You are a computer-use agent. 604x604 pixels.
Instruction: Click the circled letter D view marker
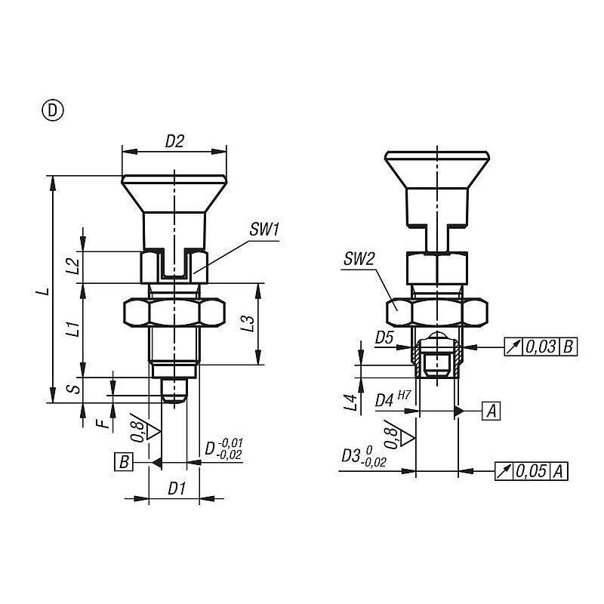(52, 110)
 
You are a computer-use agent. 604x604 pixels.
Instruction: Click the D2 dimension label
(174, 142)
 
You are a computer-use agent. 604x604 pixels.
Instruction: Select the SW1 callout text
(263, 230)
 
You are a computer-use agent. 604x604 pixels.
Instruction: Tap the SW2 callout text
(359, 259)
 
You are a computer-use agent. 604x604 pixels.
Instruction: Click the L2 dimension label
(72, 267)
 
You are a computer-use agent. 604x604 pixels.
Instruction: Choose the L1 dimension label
(72, 328)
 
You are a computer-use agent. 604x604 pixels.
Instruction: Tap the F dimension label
(103, 424)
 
